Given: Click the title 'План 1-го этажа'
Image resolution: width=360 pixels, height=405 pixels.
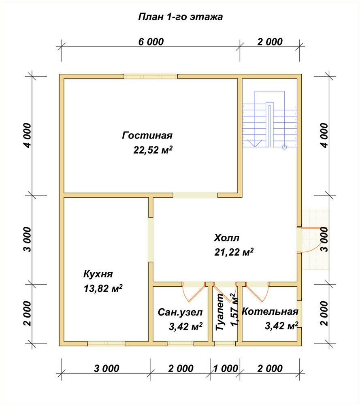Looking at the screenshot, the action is click(x=181, y=17).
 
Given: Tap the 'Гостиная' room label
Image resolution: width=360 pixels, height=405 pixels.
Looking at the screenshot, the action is click(x=147, y=135).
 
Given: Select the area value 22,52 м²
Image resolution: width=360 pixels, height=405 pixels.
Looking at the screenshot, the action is click(x=153, y=150).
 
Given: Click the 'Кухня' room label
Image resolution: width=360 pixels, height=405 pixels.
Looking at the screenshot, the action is click(x=98, y=274).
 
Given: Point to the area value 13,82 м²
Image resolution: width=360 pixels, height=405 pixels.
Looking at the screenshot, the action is click(x=103, y=288).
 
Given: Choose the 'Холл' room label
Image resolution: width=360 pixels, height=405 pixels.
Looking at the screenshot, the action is click(x=227, y=238).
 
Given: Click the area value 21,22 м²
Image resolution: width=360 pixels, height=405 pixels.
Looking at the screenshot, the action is click(x=234, y=252).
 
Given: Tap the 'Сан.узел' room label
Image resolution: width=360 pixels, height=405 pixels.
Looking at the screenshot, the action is click(x=180, y=312).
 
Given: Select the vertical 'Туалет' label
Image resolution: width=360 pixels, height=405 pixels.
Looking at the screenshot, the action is click(x=220, y=313).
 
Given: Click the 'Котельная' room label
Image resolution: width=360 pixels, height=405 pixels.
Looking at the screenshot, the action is click(x=270, y=311).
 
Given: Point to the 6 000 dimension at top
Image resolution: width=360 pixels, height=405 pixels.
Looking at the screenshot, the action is click(x=151, y=42).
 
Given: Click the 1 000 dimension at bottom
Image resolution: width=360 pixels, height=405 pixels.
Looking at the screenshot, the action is click(x=226, y=368).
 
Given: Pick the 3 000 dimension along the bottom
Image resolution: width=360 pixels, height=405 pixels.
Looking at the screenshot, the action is click(x=107, y=368).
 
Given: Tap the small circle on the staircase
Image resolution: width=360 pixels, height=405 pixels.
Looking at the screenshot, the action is click(x=284, y=147).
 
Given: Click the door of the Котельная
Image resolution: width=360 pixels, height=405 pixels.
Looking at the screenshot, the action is click(x=257, y=292).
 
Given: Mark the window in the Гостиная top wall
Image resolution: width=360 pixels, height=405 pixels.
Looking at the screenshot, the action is click(x=151, y=77).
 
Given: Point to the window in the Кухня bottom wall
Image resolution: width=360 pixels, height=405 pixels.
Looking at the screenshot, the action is click(x=107, y=343).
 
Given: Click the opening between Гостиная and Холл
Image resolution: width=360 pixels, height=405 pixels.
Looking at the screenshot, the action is click(x=195, y=195).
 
